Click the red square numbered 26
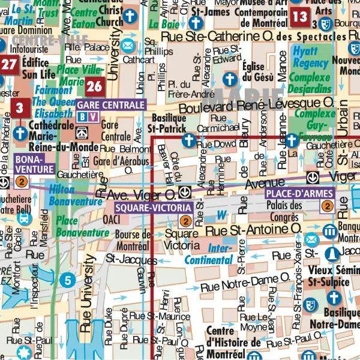[x=94, y=86]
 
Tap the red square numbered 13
[x=299, y=16]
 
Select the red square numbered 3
[x=19, y=109]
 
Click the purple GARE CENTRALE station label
[x=111, y=104]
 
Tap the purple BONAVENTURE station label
[x=33, y=164]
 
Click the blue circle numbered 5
[x=68, y=279]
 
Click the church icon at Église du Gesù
[x=229, y=79]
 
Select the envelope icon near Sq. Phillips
[x=127, y=46]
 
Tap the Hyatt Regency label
[x=305, y=57]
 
